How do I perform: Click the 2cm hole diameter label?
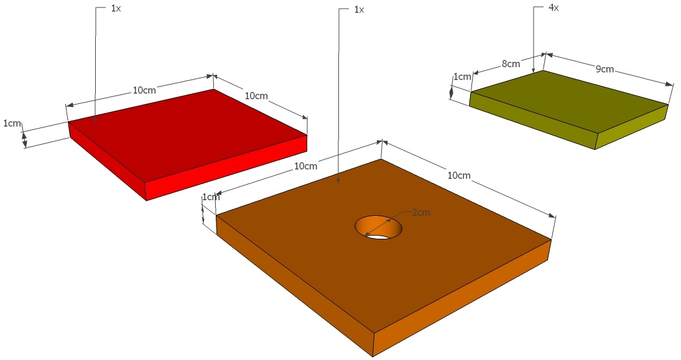[421, 213]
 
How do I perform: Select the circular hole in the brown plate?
[378, 227]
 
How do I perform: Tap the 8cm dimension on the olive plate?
[511, 64]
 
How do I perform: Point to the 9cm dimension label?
[605, 68]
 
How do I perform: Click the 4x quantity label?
[554, 8]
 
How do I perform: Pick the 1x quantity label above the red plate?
[116, 8]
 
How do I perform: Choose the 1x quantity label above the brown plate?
[359, 9]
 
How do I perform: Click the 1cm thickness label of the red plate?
[12, 123]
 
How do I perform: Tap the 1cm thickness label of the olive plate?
[462, 77]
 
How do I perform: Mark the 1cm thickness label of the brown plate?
[211, 197]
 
